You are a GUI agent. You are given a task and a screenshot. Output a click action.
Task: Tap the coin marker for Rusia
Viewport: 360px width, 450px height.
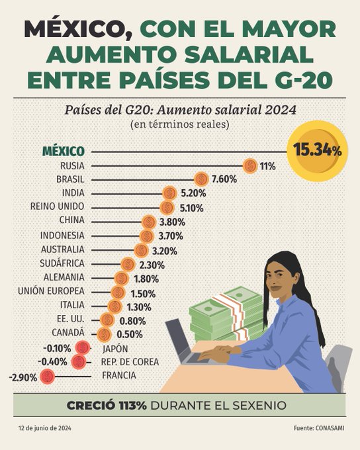(249, 166)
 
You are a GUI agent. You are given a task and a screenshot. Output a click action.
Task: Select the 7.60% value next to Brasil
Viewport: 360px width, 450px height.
(225, 179)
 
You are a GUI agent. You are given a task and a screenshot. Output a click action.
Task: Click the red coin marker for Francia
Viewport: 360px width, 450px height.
(47, 377)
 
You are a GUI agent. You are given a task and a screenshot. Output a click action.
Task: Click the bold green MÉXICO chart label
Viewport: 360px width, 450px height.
(63, 151)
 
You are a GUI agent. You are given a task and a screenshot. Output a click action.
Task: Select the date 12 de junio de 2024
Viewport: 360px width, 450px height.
(44, 429)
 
